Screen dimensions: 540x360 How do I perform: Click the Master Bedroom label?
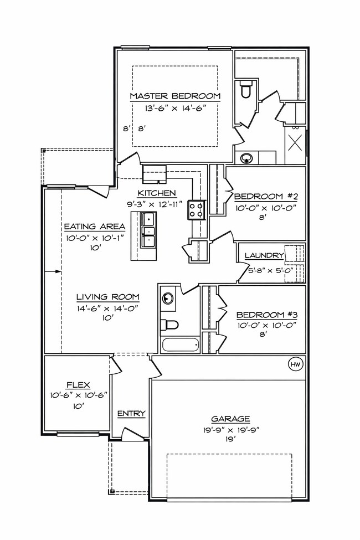[x=175, y=96]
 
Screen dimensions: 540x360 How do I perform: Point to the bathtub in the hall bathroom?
[x=180, y=344]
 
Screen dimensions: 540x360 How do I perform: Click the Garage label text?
[x=230, y=419]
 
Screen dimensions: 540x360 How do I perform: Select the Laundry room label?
[x=264, y=255]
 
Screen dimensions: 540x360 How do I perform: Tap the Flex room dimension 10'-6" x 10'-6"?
[x=78, y=395]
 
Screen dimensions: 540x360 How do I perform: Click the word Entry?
[x=131, y=413]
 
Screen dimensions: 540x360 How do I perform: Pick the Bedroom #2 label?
[x=266, y=197]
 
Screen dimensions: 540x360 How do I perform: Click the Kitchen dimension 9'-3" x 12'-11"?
[x=157, y=203]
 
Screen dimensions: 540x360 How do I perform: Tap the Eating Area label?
[x=89, y=226]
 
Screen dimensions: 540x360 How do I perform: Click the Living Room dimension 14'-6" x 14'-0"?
[x=107, y=307]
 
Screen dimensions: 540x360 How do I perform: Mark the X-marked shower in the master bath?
[x=295, y=142]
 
